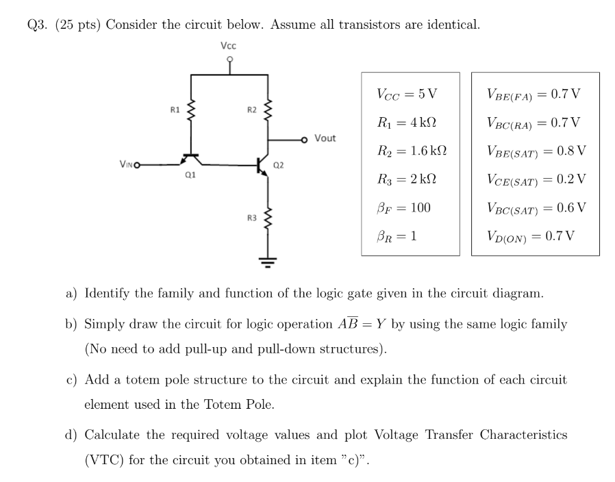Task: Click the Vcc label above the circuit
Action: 229,46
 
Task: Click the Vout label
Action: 325,138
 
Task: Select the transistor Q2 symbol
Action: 262,164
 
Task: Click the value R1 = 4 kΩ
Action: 407,123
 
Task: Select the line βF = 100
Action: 404,207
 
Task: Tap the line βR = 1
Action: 397,236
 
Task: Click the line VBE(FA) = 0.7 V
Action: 534,94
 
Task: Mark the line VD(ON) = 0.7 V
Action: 531,236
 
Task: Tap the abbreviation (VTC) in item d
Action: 105,459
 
